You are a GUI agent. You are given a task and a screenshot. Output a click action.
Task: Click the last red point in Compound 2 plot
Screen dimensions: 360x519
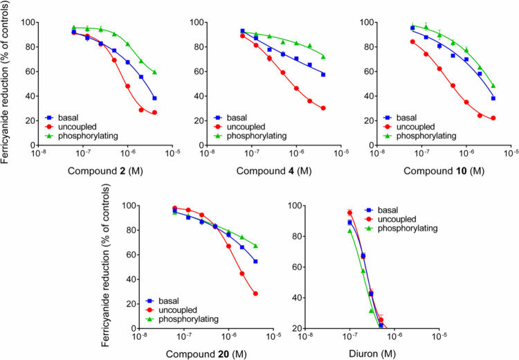click(x=154, y=113)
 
